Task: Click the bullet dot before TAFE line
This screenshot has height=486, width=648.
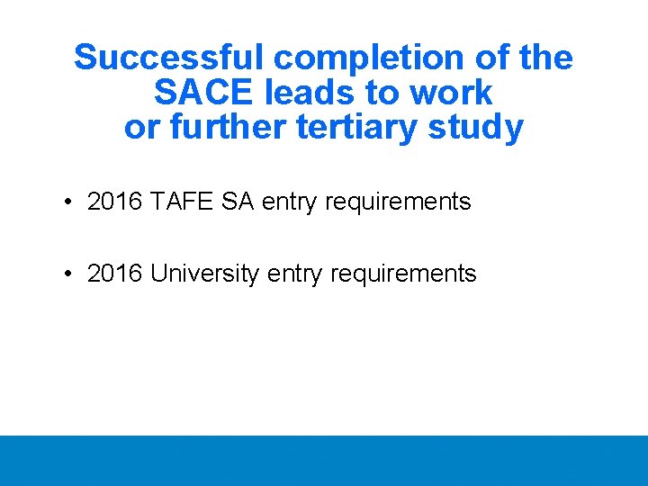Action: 68,202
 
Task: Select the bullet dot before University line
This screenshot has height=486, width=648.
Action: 68,274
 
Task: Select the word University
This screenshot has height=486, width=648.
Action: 205,274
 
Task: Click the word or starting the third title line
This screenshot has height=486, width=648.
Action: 142,128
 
